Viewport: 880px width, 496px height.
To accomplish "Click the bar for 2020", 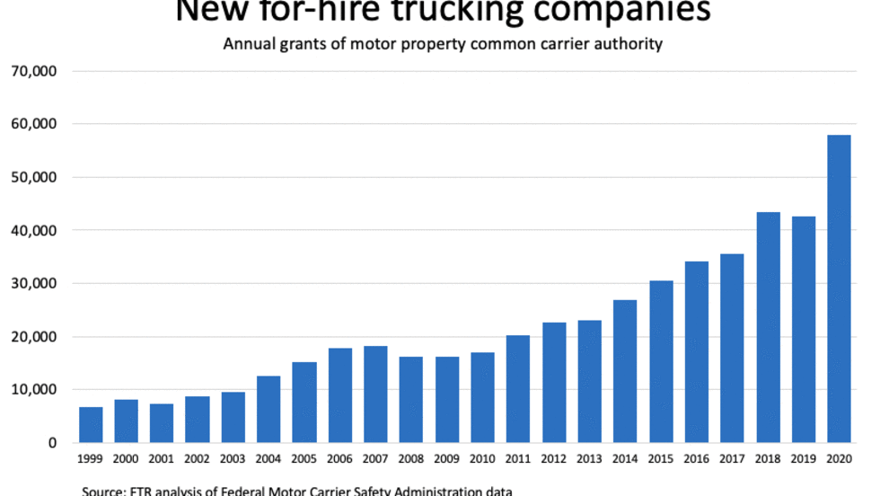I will [x=839, y=288].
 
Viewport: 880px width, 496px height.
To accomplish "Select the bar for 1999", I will [x=91, y=425].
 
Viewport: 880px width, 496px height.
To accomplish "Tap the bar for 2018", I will [x=768, y=327].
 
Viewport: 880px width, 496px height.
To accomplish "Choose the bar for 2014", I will [x=625, y=371].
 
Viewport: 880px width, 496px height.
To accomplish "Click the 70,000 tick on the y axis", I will [x=38, y=71].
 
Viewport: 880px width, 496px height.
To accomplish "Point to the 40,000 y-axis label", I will [x=38, y=231].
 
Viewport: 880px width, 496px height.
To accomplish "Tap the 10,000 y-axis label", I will [x=38, y=390].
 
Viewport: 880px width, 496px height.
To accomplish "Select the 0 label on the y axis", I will [x=52, y=443].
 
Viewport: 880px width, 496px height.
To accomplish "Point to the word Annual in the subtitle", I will [x=251, y=43].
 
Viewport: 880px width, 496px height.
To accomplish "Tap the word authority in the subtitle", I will [x=628, y=43].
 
